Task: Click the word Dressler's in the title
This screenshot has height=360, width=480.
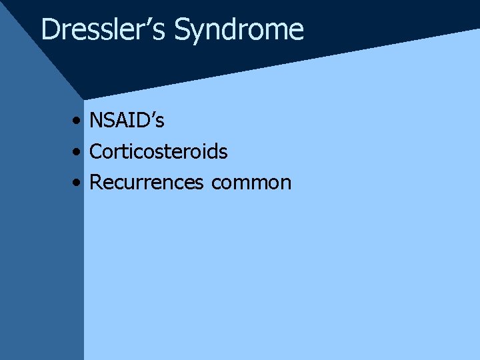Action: pos(104,30)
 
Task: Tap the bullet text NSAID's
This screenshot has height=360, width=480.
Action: pos(127,121)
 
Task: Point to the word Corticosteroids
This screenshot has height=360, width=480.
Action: pos(158,152)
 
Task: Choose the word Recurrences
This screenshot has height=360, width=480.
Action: pos(146,183)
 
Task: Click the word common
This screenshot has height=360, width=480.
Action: pos(251,183)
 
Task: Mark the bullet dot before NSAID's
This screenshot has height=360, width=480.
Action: pos(79,121)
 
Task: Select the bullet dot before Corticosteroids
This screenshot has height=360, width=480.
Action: pos(79,153)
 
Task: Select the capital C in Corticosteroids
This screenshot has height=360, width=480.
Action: pos(96,152)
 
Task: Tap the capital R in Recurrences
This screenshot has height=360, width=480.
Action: pos(96,183)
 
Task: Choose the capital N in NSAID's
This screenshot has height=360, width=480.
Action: pos(97,121)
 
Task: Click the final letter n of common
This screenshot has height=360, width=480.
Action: pos(285,184)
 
